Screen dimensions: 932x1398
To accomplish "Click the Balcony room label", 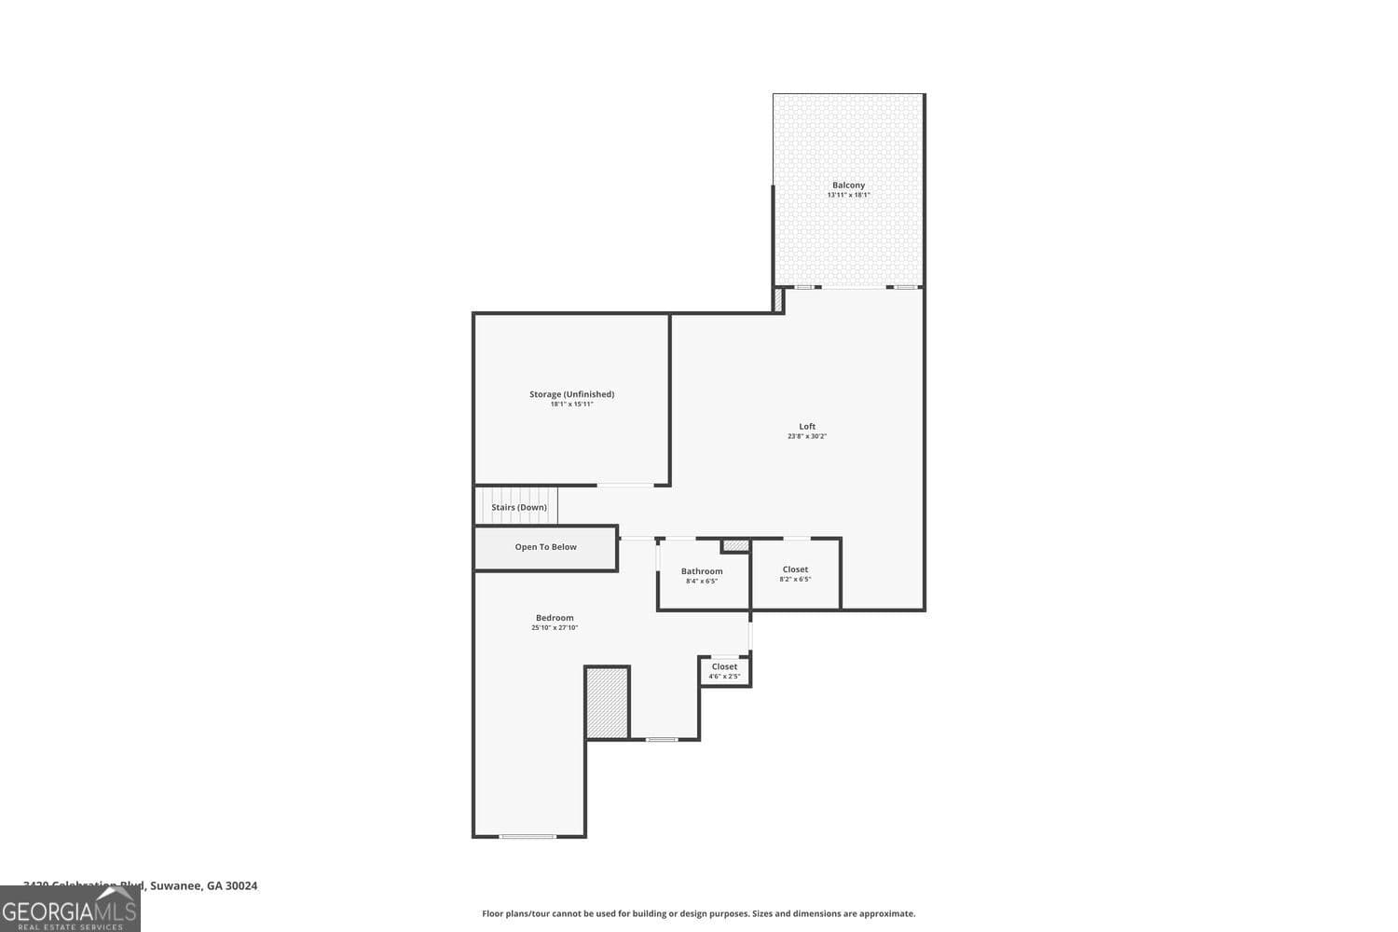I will (848, 185).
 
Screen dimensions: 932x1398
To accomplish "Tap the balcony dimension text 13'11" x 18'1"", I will (848, 196).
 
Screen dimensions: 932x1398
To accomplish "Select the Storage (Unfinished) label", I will (571, 394).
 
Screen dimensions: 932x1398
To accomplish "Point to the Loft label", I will (807, 427).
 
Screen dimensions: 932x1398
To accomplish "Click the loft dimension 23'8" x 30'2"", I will (807, 436).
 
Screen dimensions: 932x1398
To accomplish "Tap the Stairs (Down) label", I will (519, 507).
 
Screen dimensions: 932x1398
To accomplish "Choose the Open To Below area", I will (546, 547).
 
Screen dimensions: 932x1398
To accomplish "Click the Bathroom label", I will (702, 571).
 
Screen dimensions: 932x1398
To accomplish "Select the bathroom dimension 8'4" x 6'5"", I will (702, 582).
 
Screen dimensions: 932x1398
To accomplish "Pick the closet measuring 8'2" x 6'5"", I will (795, 574).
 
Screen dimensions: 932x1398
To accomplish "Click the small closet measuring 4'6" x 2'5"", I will (724, 671).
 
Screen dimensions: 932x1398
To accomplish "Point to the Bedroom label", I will (555, 618).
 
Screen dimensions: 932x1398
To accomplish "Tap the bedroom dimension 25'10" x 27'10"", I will (555, 628).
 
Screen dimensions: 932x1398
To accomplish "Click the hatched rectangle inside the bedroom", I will (608, 702).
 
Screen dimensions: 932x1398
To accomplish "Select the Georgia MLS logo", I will (70, 910).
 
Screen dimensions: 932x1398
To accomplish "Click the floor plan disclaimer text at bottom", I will (698, 914).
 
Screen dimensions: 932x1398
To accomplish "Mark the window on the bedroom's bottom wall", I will (528, 836).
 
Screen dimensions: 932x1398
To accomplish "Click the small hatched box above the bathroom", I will (735, 545).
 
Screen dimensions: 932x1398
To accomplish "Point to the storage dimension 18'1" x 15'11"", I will (571, 404).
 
